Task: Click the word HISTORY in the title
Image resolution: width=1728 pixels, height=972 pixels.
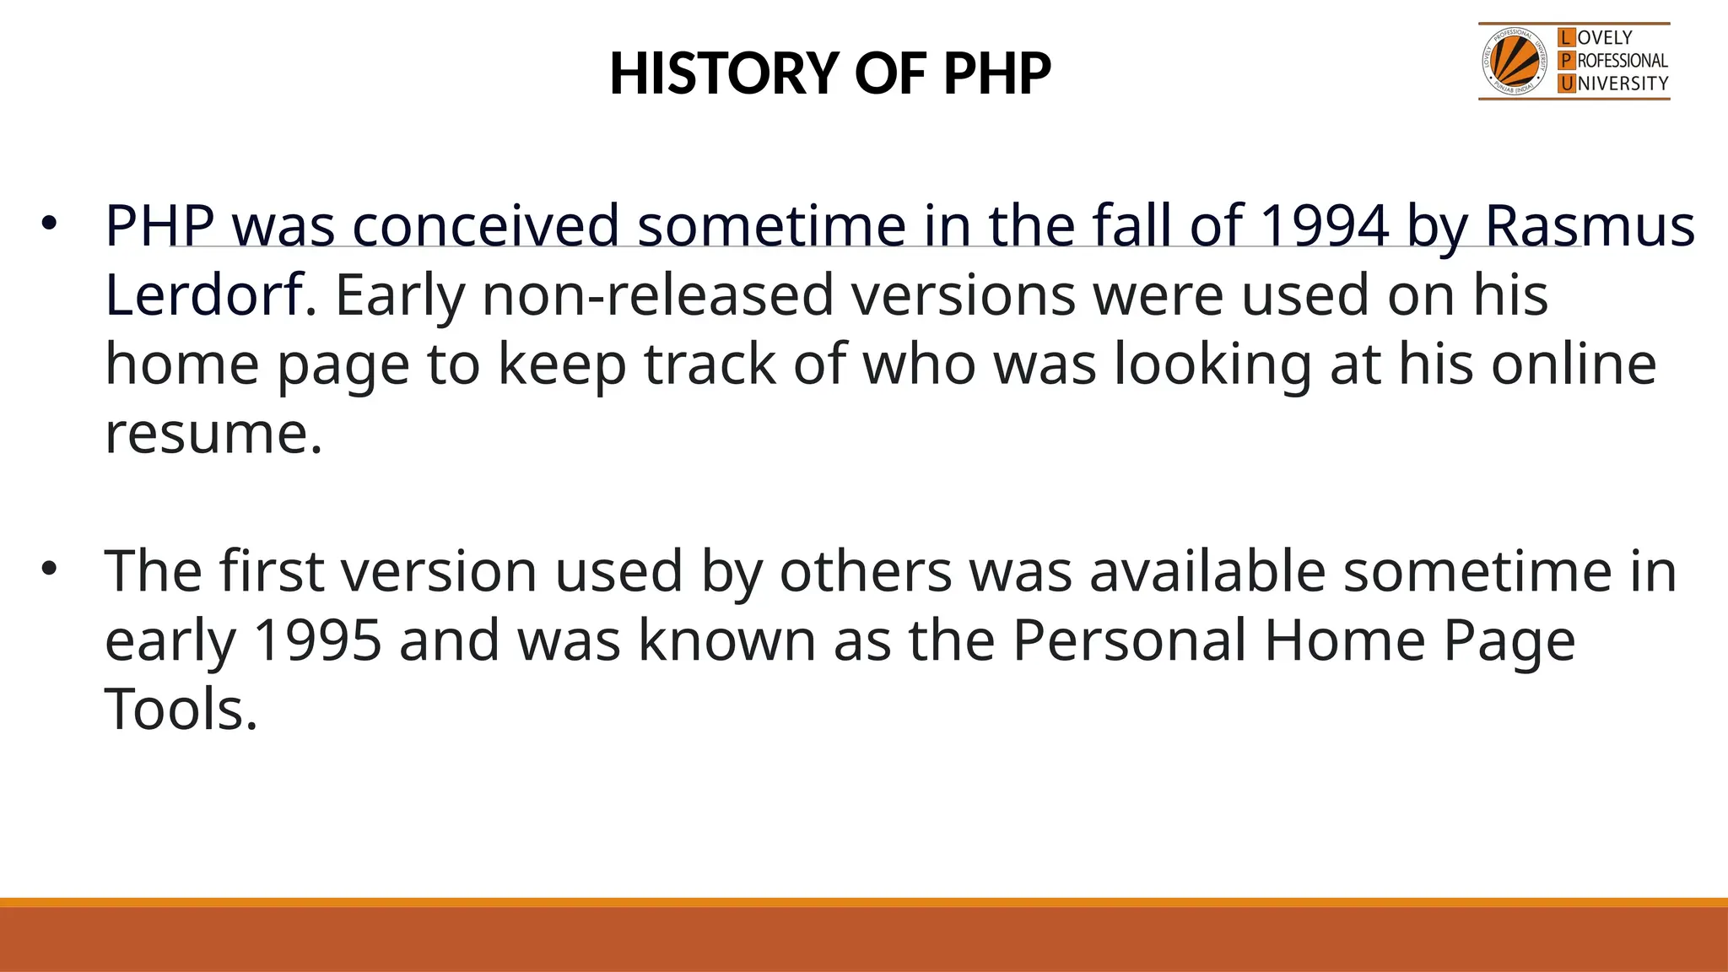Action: point(723,73)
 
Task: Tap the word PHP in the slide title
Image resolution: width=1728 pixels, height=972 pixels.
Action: point(997,73)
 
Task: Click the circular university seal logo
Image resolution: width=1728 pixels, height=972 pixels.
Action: point(1515,62)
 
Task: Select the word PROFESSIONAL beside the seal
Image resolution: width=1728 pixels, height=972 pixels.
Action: point(1622,61)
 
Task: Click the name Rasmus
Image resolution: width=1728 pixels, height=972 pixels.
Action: point(1589,226)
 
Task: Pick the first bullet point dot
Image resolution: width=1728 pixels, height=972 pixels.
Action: point(49,224)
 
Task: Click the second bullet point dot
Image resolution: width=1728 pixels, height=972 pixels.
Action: point(49,570)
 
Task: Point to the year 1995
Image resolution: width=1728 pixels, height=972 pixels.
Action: point(317,640)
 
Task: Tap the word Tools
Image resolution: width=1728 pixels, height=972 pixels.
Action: point(180,710)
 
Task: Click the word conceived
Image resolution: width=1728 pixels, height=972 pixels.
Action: point(486,226)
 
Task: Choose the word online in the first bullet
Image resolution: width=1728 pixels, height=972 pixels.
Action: point(1574,364)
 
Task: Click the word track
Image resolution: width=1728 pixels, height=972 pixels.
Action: point(710,364)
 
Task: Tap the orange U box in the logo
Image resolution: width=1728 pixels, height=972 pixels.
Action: point(1567,84)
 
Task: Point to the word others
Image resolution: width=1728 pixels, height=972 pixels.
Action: point(866,571)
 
